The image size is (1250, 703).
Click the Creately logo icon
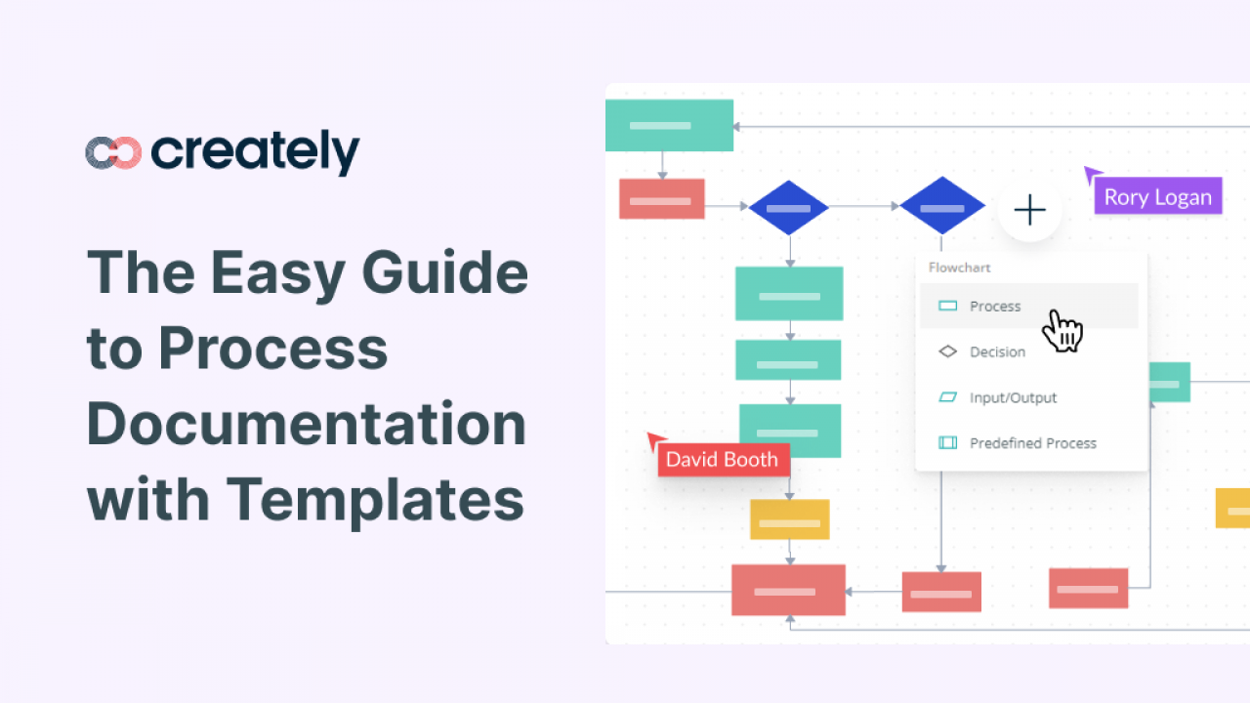113,152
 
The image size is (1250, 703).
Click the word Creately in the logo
256,153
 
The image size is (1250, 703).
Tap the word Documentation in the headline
307,424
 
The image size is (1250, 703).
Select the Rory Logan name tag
1157,196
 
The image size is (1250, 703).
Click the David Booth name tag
722,459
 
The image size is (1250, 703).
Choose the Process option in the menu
995,307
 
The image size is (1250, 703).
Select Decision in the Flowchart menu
997,351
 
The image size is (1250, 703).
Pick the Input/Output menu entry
1013,397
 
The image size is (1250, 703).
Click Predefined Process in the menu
1032,443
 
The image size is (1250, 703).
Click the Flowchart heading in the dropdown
960,267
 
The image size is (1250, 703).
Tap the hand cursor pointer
1062,330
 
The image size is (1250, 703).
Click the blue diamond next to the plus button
941,207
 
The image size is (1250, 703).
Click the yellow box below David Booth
789,519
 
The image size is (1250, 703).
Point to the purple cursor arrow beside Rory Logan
1091,175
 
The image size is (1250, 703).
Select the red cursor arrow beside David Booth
655,441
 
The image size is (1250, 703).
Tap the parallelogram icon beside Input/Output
947,397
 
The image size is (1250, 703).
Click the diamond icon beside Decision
947,351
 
